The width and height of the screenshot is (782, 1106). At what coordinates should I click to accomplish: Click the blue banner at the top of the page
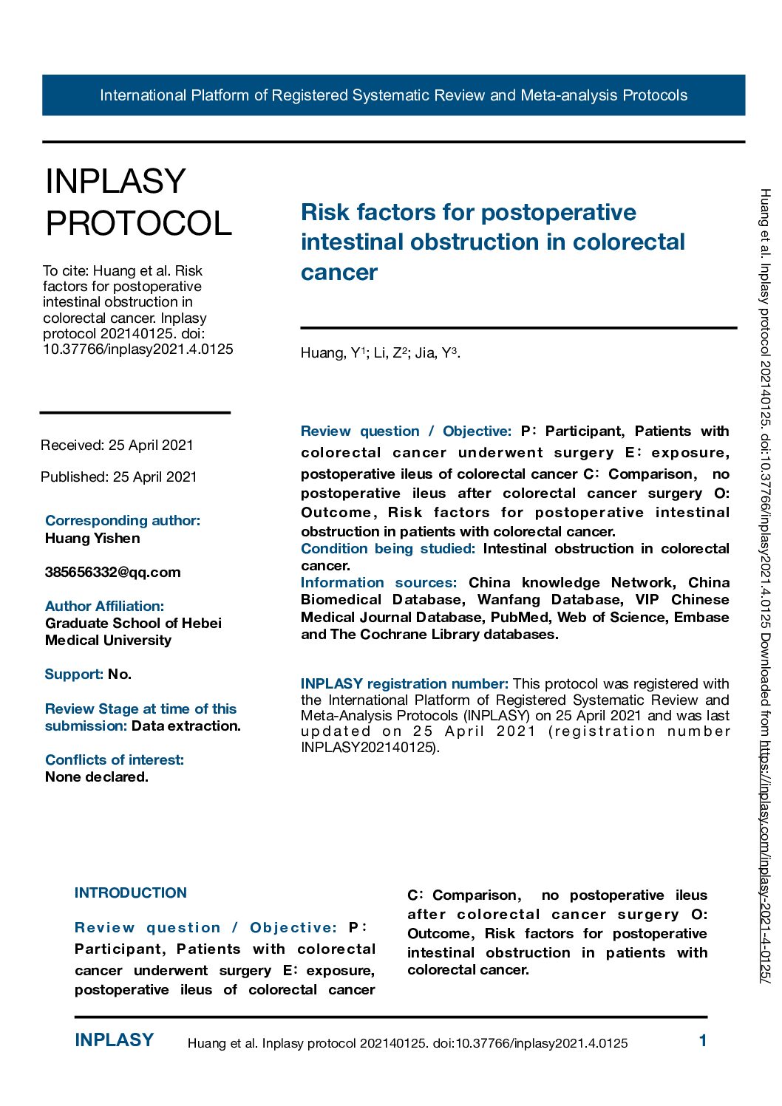(393, 95)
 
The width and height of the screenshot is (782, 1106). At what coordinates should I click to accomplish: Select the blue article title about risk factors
(492, 242)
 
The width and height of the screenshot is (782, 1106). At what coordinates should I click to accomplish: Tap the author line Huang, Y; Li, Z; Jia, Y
(380, 353)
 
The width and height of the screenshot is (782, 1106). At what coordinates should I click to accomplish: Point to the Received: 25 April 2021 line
(117, 446)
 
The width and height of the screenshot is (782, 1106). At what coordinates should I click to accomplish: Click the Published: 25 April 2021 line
(119, 477)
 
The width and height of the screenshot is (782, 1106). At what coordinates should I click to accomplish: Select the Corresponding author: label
(123, 521)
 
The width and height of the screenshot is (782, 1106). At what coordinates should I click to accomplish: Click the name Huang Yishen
(92, 539)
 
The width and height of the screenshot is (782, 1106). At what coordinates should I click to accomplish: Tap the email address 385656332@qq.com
(112, 573)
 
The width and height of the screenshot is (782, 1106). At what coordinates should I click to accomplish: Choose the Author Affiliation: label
(104, 607)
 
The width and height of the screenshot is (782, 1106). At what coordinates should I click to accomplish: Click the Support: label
(73, 675)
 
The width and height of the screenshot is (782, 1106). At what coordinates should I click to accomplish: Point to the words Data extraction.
(186, 726)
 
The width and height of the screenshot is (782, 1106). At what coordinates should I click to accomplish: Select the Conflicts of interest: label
(115, 760)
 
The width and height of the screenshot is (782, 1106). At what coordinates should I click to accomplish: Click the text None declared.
(97, 777)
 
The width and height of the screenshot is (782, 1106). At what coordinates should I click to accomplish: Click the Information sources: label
(378, 583)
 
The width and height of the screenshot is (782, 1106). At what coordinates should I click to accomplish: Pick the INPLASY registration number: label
(404, 684)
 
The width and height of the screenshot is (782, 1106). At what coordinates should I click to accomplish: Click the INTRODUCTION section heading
(131, 893)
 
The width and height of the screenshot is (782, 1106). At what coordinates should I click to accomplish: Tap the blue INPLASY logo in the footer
(115, 1040)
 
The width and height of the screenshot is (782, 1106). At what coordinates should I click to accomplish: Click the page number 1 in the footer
(703, 1041)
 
